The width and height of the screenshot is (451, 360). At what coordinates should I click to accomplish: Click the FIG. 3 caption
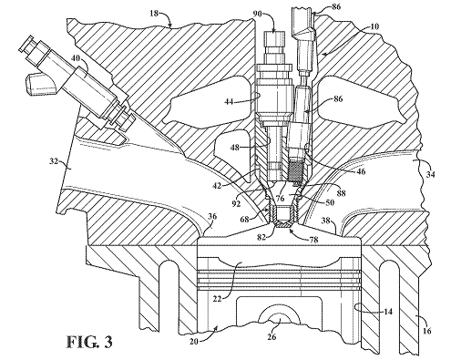89,342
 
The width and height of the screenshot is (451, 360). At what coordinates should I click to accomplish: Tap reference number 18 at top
154,14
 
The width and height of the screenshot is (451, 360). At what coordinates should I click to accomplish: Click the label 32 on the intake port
55,161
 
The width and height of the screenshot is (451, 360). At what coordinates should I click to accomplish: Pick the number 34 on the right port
430,175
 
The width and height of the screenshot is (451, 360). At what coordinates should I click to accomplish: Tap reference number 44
230,101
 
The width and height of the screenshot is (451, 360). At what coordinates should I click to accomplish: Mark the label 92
236,202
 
